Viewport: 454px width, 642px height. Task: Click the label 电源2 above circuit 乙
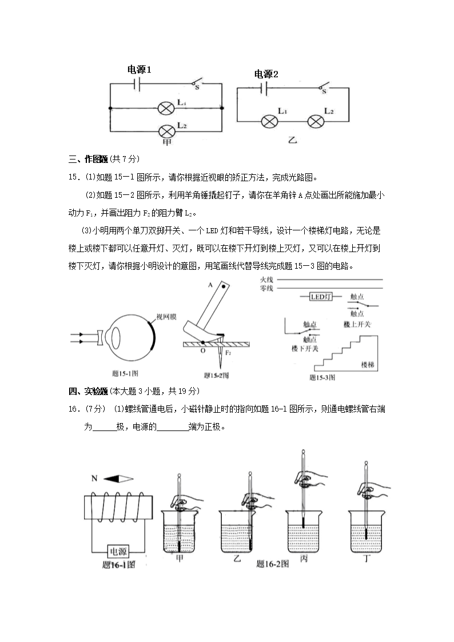(x=266, y=74)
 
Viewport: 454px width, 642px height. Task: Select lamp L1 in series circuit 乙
(x=270, y=121)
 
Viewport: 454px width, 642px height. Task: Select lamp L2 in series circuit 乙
(x=316, y=121)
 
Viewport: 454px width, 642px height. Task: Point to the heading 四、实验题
(x=88, y=391)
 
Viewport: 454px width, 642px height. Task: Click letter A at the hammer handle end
(x=211, y=284)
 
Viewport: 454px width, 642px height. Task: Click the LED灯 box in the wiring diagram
(x=320, y=297)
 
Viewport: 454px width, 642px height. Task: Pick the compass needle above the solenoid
(x=119, y=478)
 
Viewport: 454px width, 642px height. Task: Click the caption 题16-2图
(x=272, y=564)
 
